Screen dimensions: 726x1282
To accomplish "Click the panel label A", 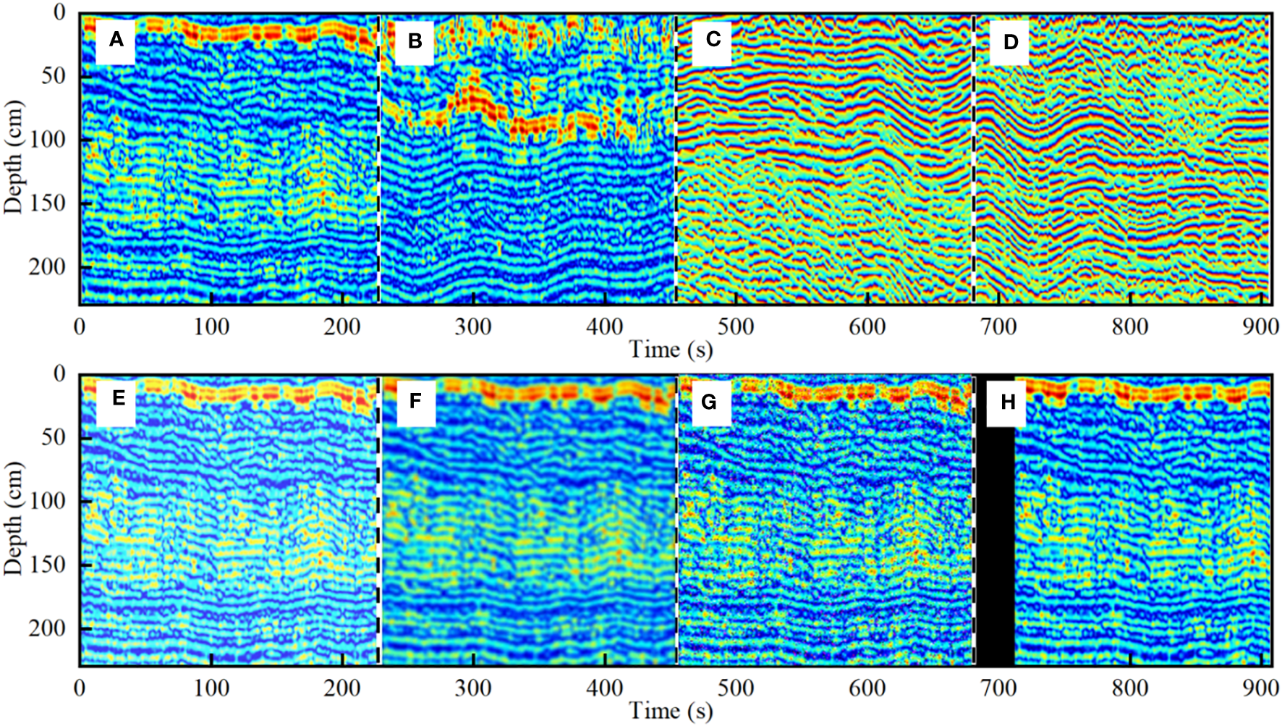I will click(116, 41).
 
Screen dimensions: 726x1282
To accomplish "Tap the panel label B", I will click(415, 41).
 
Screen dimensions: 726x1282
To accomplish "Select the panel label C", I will click(713, 40).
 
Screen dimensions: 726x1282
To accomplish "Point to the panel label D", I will click(1010, 42).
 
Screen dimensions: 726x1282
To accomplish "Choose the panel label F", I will click(415, 401).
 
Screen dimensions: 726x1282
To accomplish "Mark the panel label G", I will click(709, 402).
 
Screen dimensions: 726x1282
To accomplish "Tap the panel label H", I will click(1008, 402).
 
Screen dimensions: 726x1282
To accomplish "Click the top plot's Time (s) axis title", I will click(671, 350).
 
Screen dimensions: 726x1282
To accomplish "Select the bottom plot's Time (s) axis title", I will click(671, 712).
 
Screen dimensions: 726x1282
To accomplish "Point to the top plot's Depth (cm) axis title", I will click(14, 156).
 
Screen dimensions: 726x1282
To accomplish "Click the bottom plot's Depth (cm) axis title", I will click(14, 518).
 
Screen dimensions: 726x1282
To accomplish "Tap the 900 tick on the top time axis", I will click(1261, 327).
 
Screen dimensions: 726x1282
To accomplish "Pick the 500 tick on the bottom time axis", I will click(736, 688).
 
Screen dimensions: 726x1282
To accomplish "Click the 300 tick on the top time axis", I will click(473, 327).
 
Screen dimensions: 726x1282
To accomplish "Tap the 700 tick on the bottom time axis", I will click(998, 688).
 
